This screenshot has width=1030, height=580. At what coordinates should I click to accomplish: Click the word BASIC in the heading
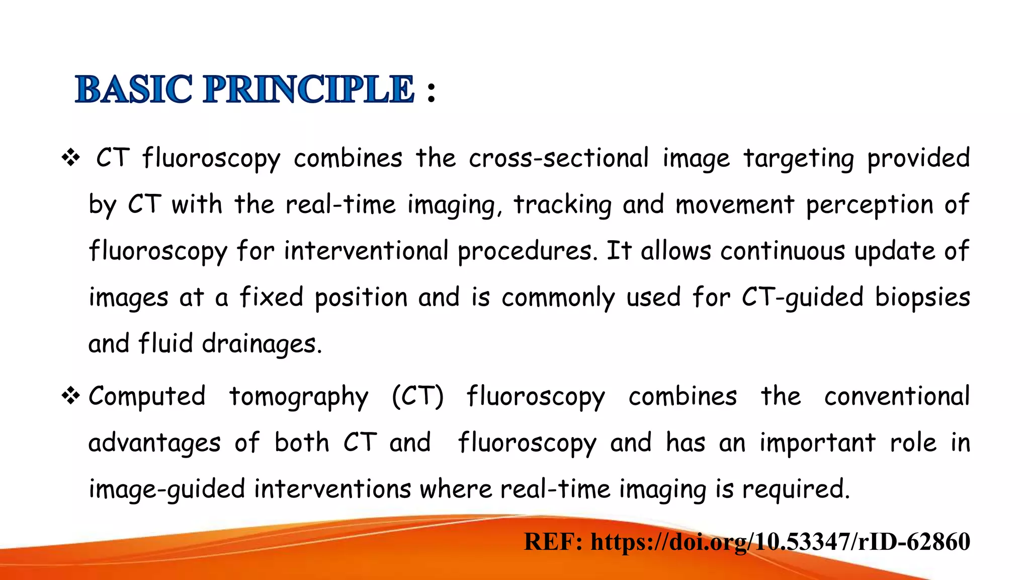[134, 90]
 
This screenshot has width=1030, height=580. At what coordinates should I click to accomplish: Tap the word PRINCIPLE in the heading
[308, 90]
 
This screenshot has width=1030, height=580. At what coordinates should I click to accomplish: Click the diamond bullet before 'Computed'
[71, 396]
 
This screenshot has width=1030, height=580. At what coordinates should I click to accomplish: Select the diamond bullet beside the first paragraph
[71, 158]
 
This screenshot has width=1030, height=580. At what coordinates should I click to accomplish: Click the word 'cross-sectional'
[558, 158]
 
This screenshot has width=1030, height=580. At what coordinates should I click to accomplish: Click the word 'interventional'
[366, 251]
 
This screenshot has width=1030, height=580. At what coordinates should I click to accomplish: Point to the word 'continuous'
[784, 251]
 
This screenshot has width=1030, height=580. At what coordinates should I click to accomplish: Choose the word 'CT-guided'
[802, 298]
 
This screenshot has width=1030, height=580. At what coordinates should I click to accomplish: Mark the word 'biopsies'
[922, 298]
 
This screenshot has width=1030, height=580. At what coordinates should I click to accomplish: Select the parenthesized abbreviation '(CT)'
[417, 396]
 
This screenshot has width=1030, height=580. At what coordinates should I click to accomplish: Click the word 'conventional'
[897, 396]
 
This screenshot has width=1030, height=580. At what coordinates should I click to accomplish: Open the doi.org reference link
[780, 542]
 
